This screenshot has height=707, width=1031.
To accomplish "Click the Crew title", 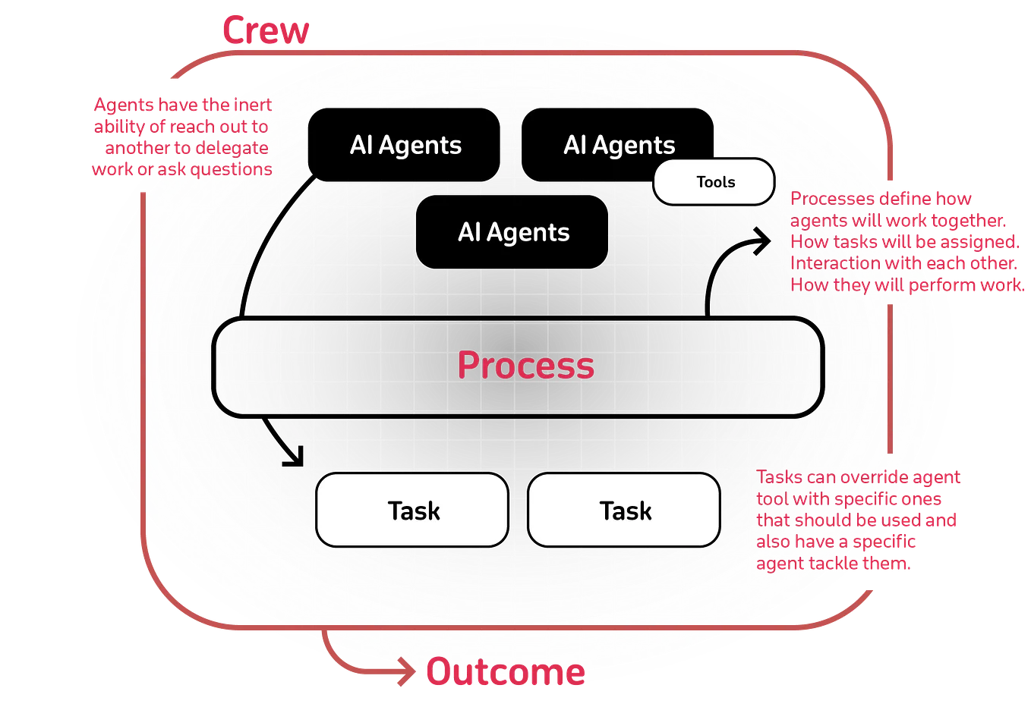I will (x=266, y=30).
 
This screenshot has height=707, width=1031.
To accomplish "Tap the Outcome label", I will (x=505, y=673).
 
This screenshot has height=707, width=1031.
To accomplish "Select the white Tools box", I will (x=714, y=182).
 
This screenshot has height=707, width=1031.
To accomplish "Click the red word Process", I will (x=525, y=366).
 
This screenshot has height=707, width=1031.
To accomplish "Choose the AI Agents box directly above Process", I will (x=512, y=232).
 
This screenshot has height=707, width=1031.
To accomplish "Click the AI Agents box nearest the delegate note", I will (x=405, y=145).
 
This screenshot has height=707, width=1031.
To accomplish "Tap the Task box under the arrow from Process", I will (x=413, y=511).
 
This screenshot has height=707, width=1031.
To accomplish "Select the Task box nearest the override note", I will (x=624, y=511).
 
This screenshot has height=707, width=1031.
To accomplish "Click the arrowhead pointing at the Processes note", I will (x=761, y=241).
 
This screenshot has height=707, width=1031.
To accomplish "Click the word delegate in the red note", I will (x=231, y=148).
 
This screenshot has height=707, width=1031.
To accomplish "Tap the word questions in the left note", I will (x=231, y=169).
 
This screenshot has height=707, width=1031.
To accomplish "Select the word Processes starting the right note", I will (x=832, y=199).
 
